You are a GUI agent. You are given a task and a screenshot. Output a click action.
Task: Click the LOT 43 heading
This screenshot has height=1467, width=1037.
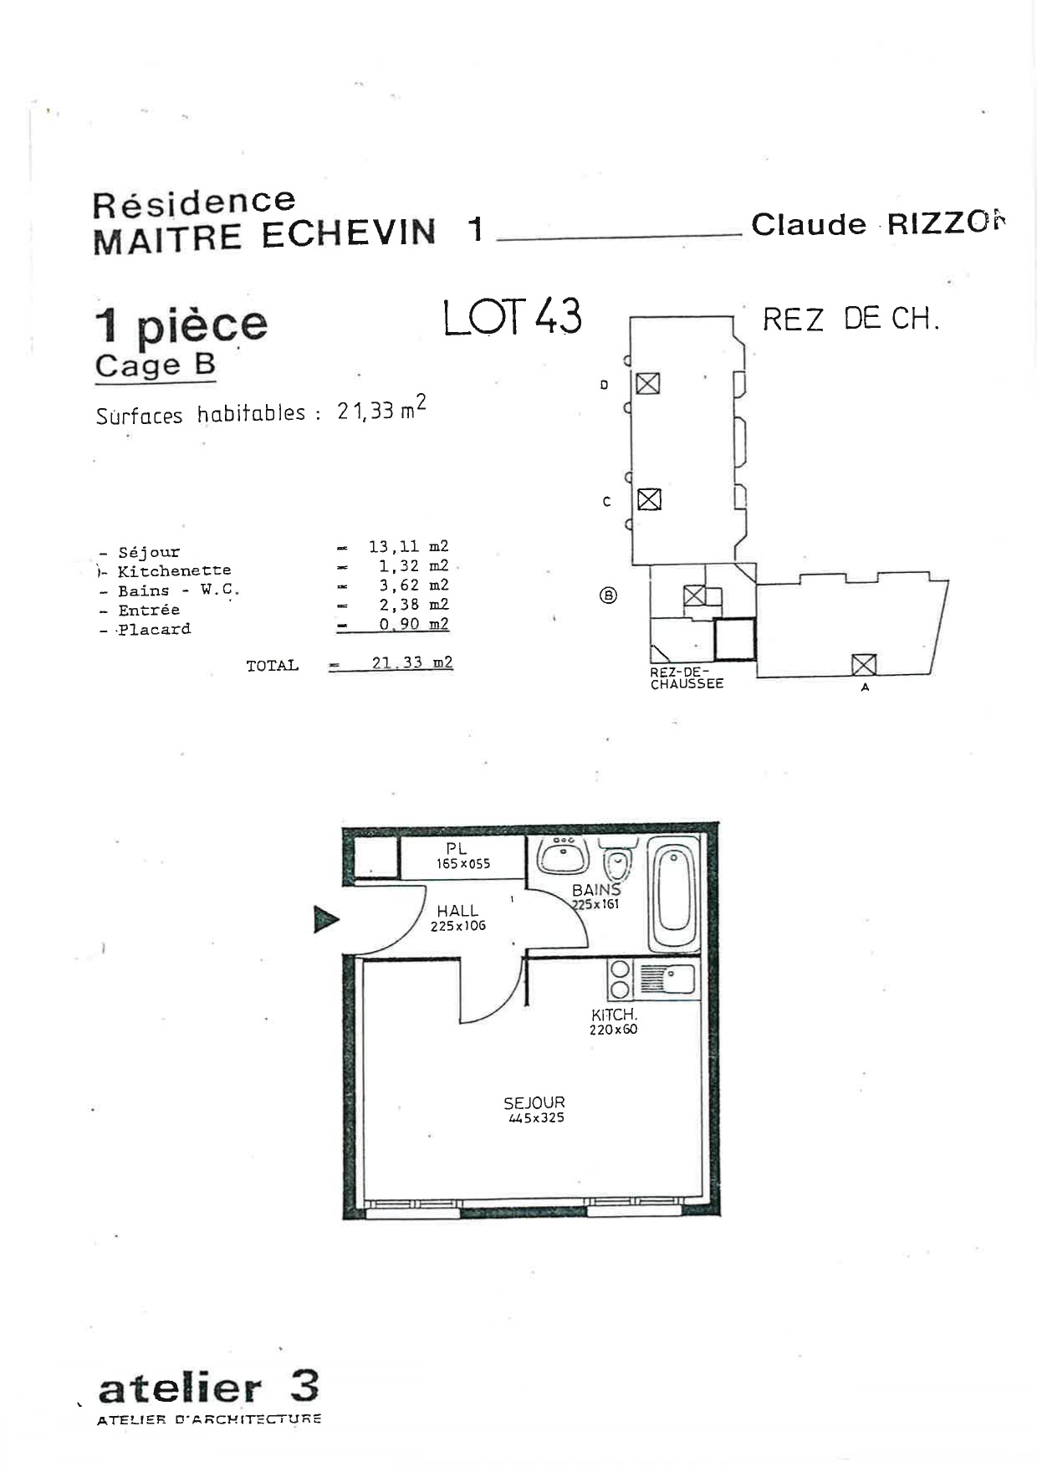[x=512, y=317]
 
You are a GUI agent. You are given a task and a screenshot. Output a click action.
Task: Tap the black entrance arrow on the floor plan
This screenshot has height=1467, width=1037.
[x=326, y=919]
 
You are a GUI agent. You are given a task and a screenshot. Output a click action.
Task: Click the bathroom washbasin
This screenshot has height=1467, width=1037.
[x=562, y=855]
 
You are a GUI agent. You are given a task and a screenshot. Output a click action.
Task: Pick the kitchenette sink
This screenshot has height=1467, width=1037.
[x=667, y=979]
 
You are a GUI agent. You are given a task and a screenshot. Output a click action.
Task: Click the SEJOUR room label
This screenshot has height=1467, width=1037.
[x=534, y=1102]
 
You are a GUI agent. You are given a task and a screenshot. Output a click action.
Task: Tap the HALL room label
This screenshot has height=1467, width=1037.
[x=457, y=911]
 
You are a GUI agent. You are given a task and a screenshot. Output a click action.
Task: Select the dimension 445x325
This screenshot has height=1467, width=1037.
[x=536, y=1118]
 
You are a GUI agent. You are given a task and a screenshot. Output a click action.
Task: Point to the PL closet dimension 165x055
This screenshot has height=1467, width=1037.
[x=463, y=864]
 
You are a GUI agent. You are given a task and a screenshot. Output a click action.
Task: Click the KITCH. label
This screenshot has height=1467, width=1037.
[x=614, y=1015]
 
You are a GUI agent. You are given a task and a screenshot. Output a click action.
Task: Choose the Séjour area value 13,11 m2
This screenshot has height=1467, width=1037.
[x=408, y=547]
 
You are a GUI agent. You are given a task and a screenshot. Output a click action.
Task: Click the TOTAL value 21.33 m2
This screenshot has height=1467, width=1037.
[x=412, y=663]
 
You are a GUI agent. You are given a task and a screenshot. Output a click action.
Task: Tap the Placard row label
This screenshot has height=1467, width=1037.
[x=154, y=629]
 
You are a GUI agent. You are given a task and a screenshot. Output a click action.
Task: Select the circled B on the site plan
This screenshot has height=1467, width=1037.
[x=609, y=595]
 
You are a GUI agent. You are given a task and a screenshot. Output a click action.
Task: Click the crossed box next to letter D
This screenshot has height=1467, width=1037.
[x=647, y=383]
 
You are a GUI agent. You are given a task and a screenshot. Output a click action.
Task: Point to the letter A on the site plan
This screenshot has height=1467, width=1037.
[x=865, y=687]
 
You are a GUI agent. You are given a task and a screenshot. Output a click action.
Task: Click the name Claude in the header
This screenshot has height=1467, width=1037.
[x=809, y=224]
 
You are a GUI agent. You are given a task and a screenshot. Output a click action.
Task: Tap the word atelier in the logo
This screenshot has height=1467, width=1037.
[x=180, y=1389]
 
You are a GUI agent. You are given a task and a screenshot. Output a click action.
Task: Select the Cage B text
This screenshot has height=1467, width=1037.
[x=156, y=365]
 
